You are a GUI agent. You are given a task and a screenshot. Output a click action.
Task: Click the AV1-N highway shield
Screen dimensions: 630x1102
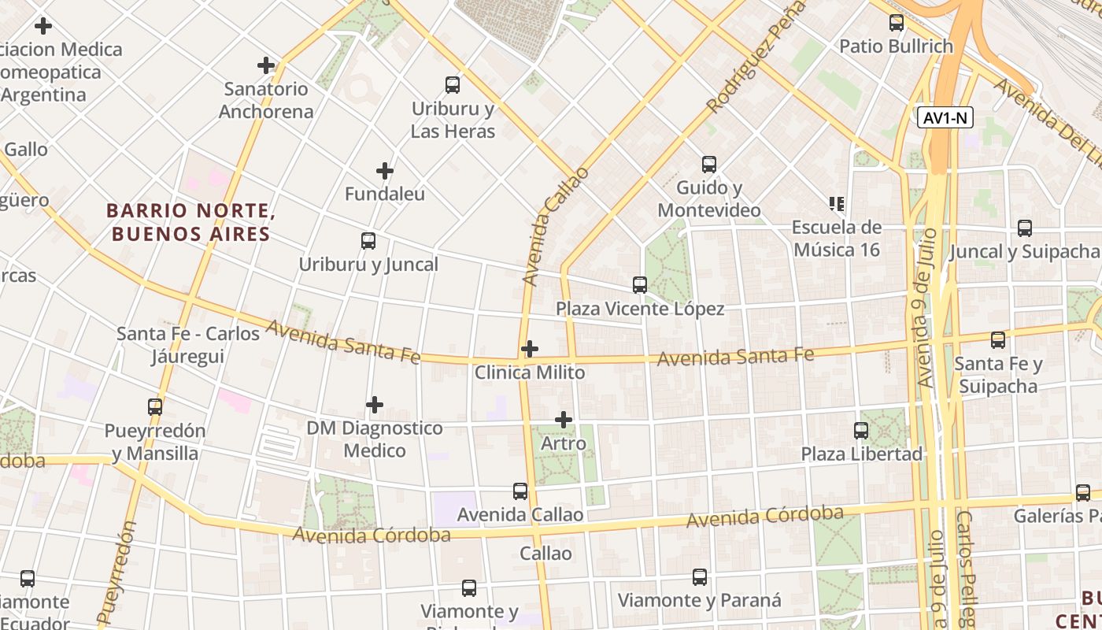(945, 118)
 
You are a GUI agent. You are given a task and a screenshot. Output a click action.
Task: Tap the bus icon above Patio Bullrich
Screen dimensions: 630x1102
(897, 23)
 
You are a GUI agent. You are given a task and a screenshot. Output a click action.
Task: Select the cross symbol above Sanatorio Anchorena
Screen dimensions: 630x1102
(266, 65)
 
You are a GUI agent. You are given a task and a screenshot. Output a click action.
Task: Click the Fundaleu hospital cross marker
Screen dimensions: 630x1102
(384, 170)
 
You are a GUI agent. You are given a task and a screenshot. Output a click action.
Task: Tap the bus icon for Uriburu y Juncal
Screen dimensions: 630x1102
(368, 241)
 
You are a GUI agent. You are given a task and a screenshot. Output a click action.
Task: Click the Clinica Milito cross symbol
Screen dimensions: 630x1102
(530, 348)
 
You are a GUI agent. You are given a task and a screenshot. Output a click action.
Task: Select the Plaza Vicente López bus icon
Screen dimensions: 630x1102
(640, 284)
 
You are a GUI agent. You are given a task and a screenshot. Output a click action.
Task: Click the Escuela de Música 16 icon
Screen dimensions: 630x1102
(836, 204)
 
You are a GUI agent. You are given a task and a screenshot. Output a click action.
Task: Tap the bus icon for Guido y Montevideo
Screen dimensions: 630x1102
(709, 165)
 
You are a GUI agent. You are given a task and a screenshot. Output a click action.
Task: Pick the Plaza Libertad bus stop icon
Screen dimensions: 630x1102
(861, 431)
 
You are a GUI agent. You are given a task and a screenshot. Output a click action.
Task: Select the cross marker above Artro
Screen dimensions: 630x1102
(564, 420)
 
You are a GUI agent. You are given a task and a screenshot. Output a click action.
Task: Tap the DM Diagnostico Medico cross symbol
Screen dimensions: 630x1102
(375, 405)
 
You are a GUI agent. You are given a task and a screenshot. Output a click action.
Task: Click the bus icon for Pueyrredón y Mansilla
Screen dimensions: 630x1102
(155, 407)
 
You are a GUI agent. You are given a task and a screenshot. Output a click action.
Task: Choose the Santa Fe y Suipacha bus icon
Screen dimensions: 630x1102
(998, 340)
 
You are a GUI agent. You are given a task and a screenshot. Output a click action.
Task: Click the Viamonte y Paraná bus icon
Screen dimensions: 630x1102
(700, 577)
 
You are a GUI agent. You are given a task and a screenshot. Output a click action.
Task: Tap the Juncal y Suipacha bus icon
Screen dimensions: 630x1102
(1024, 228)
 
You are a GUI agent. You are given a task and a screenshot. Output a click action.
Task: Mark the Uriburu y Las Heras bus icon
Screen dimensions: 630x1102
(453, 85)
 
